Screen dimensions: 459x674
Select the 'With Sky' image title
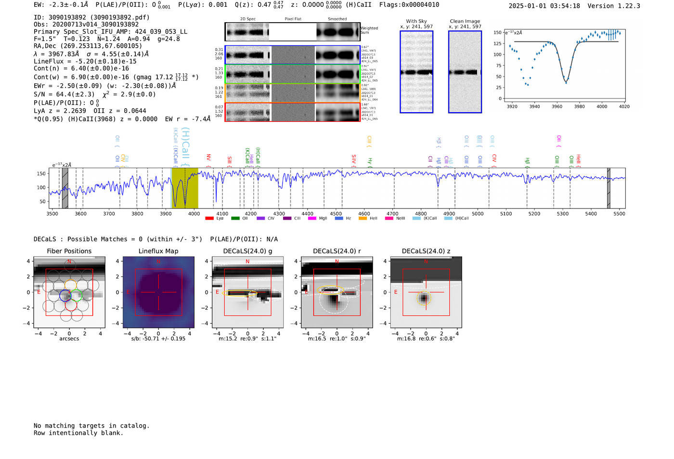416,21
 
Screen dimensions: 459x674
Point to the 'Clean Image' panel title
465,21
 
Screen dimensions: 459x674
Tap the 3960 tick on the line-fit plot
557,106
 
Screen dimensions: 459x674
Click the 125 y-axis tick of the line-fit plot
498,43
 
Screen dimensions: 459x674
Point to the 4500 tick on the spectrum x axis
336,213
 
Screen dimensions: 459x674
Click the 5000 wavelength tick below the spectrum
478,213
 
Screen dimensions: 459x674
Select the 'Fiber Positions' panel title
69,251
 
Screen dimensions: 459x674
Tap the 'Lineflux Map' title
158,251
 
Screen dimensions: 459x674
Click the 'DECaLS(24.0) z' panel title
426,251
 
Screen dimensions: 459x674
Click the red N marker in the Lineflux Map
158,262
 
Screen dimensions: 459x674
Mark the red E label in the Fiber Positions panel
39,292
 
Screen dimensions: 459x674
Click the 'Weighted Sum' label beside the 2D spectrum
369,30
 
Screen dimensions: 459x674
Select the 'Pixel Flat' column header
293,19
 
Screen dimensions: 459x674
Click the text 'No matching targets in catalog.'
91,426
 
